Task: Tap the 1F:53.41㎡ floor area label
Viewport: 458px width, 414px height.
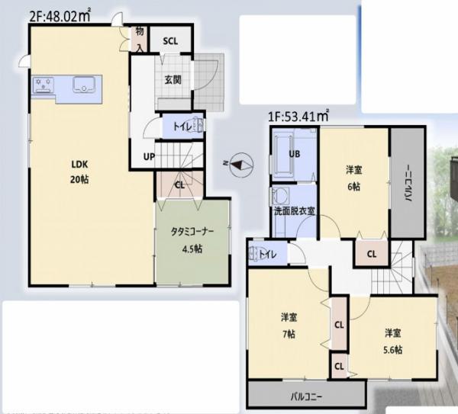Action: (298, 117)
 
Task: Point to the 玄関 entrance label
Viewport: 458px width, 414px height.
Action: (172, 79)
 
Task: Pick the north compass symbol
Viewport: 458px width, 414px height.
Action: (243, 163)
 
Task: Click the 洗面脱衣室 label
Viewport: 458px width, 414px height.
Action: (295, 210)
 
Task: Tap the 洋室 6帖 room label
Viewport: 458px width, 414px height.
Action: (353, 177)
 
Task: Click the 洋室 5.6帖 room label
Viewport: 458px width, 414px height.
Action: (392, 340)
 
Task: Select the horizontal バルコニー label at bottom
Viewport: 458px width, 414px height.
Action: (305, 396)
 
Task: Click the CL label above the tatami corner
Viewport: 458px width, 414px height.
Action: (179, 184)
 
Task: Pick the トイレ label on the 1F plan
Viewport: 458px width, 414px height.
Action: (267, 255)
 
